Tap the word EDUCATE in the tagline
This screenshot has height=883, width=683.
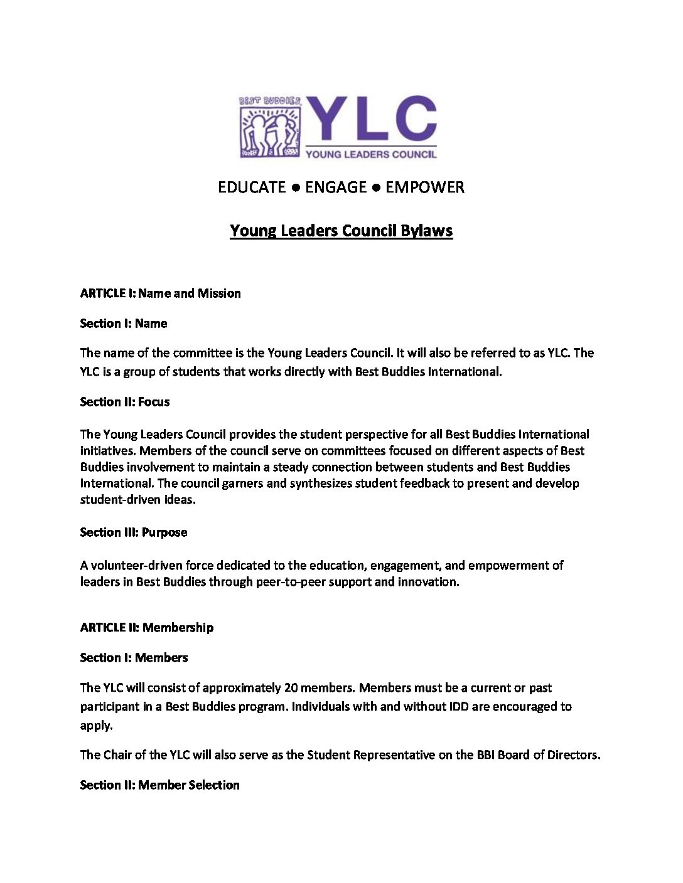point(251,187)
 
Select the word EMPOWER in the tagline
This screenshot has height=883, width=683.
point(425,187)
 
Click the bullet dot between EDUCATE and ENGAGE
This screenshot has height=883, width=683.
point(295,188)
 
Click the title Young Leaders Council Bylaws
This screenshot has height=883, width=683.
point(341,231)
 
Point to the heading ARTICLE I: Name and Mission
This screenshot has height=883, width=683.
point(160,293)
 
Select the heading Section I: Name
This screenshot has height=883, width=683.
point(123,324)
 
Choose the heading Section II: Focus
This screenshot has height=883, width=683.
point(124,401)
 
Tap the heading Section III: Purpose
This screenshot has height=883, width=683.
point(133,532)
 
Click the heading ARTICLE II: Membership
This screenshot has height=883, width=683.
point(146,627)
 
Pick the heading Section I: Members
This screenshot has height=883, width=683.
point(134,657)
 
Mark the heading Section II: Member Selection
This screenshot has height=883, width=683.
point(159,785)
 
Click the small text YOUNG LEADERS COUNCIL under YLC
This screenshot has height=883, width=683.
point(370,154)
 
